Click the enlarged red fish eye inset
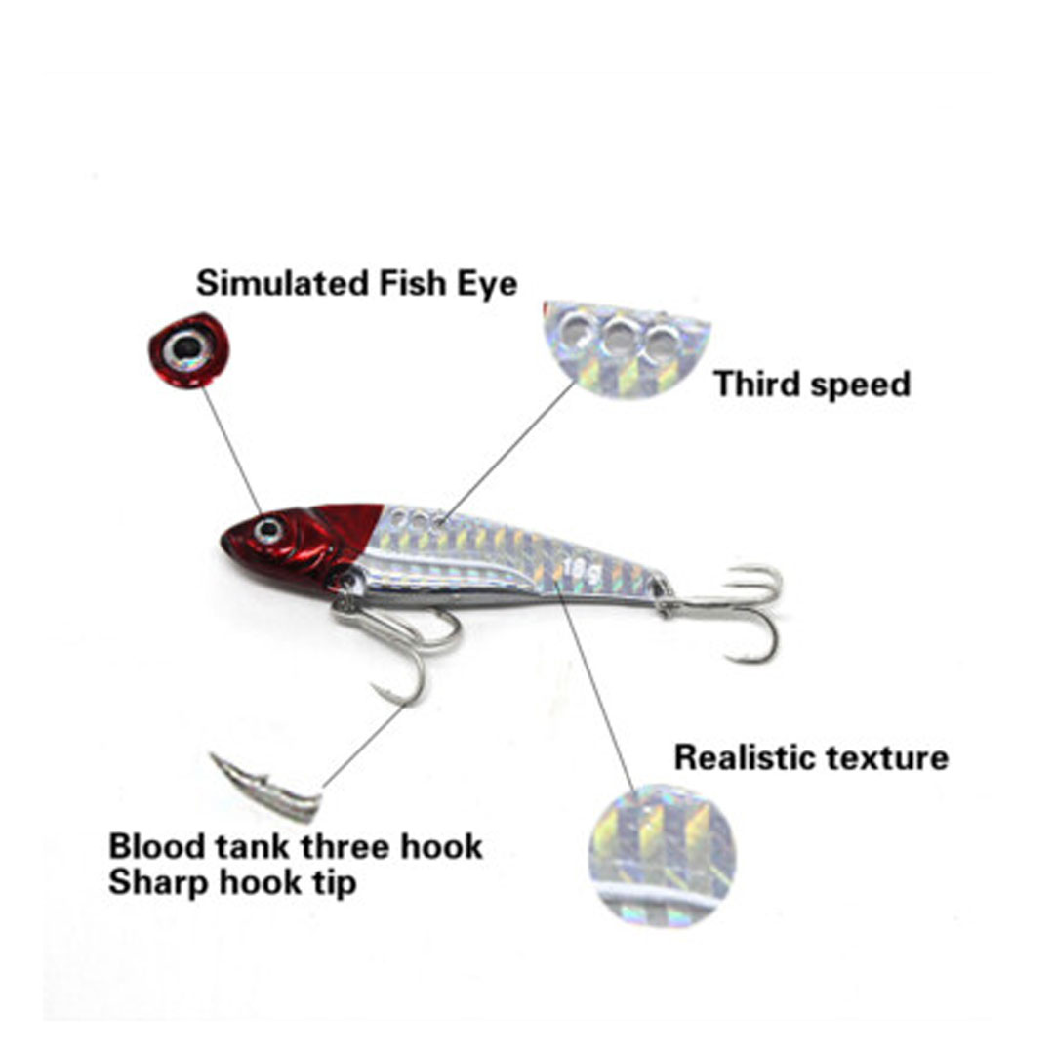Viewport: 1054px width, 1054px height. click(184, 348)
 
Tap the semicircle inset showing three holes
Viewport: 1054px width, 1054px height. click(626, 348)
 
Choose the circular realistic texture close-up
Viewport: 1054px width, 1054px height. click(661, 856)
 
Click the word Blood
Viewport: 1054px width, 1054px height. click(149, 845)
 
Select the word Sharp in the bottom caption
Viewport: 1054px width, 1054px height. click(151, 883)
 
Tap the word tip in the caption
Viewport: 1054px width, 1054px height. click(333, 883)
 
